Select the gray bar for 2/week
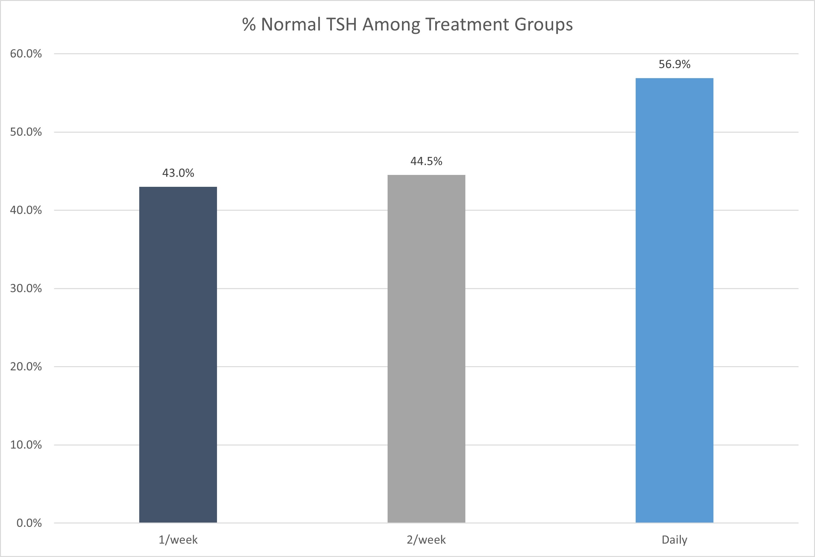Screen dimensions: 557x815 click(x=426, y=349)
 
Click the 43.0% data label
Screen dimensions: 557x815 click(x=178, y=173)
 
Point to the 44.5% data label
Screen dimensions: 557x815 click(x=426, y=161)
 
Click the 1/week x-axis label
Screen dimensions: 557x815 click(x=178, y=539)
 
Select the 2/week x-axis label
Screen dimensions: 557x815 click(x=426, y=539)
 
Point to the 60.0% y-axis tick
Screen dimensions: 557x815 click(x=26, y=54)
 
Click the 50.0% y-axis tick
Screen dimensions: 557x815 click(x=26, y=132)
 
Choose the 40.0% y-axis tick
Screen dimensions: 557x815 click(x=26, y=210)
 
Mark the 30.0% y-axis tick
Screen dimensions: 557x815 click(x=26, y=288)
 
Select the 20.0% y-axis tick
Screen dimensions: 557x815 click(x=26, y=367)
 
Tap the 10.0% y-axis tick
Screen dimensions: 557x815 click(x=26, y=445)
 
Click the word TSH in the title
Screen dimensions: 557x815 click(x=341, y=24)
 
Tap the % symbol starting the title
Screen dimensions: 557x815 click(x=249, y=24)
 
